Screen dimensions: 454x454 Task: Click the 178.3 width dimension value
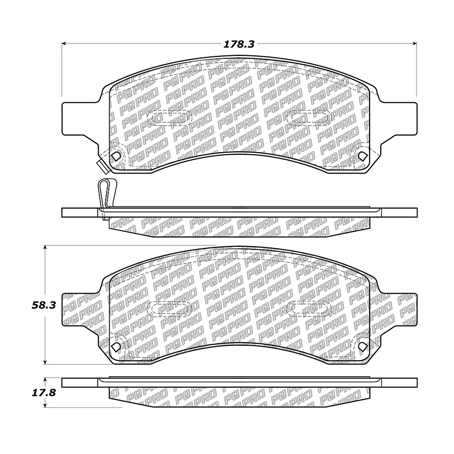click(x=238, y=44)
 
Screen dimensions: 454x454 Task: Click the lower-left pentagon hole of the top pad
click(x=116, y=156)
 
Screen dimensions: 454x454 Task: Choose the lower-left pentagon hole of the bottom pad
click(x=116, y=346)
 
